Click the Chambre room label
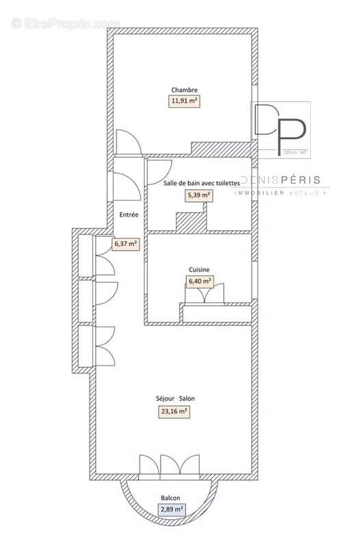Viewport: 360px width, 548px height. [x=185, y=90]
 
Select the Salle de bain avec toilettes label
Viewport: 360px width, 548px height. [x=202, y=184]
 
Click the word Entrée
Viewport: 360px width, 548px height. [x=129, y=215]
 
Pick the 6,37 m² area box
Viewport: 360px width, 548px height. [x=126, y=243]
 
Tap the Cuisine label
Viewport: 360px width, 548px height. [x=199, y=270]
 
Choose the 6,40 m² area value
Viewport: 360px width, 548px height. [x=199, y=281]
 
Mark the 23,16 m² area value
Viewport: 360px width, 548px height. [x=174, y=412]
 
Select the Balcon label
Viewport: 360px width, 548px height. [x=171, y=498]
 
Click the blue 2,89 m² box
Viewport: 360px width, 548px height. [x=172, y=509]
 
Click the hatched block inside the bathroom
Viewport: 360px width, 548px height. [x=191, y=222]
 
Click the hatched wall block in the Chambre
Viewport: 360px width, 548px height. [x=222, y=148]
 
